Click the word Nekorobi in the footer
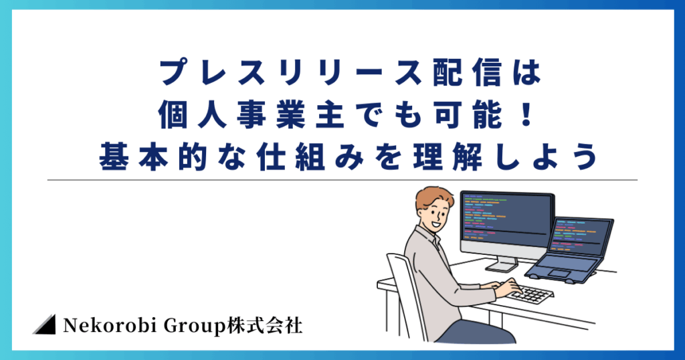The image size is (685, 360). point(110,325)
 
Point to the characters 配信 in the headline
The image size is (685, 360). point(467,73)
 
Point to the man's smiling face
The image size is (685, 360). point(435,217)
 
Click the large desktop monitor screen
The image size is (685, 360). point(507,218)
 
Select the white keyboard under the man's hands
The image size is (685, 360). point(530,294)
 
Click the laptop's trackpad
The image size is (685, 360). point(559,273)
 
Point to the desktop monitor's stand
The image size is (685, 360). point(502,264)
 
